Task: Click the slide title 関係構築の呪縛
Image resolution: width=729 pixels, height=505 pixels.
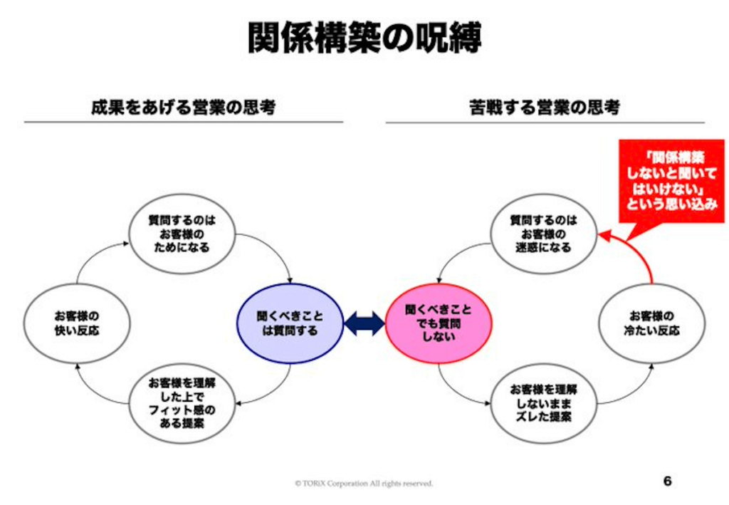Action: (364, 37)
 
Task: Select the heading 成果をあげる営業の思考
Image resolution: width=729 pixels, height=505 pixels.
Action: (183, 108)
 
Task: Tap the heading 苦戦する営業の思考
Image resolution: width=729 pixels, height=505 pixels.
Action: (545, 108)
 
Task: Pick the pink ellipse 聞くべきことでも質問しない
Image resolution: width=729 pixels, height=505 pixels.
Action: (439, 323)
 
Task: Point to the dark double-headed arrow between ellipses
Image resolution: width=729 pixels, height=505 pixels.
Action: (364, 325)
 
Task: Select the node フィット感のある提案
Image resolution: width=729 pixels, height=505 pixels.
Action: (182, 404)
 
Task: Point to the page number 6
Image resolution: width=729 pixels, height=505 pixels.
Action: (667, 481)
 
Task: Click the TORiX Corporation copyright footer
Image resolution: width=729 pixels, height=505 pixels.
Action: (364, 484)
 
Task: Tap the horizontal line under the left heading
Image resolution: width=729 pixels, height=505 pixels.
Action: (183, 123)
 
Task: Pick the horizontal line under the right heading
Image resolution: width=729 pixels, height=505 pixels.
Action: (545, 123)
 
